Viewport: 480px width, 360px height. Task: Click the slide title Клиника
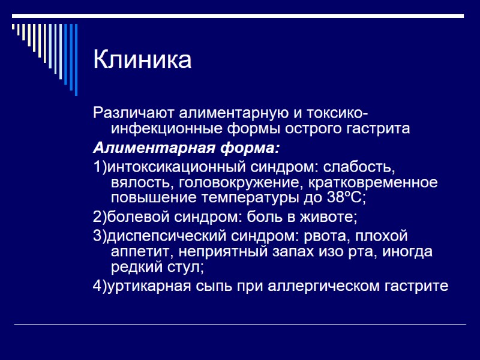[142, 60]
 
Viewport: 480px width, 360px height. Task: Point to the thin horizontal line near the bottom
[240, 325]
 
